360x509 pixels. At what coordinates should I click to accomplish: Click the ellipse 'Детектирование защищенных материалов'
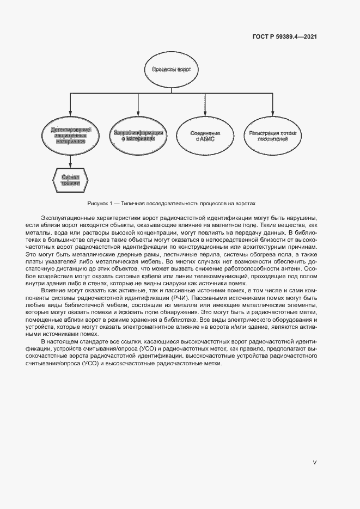(x=70, y=135)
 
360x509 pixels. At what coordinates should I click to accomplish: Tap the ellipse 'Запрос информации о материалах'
(x=138, y=135)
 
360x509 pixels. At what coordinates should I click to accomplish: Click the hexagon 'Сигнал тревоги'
(x=70, y=180)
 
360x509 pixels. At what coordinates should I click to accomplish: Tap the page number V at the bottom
(x=314, y=462)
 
